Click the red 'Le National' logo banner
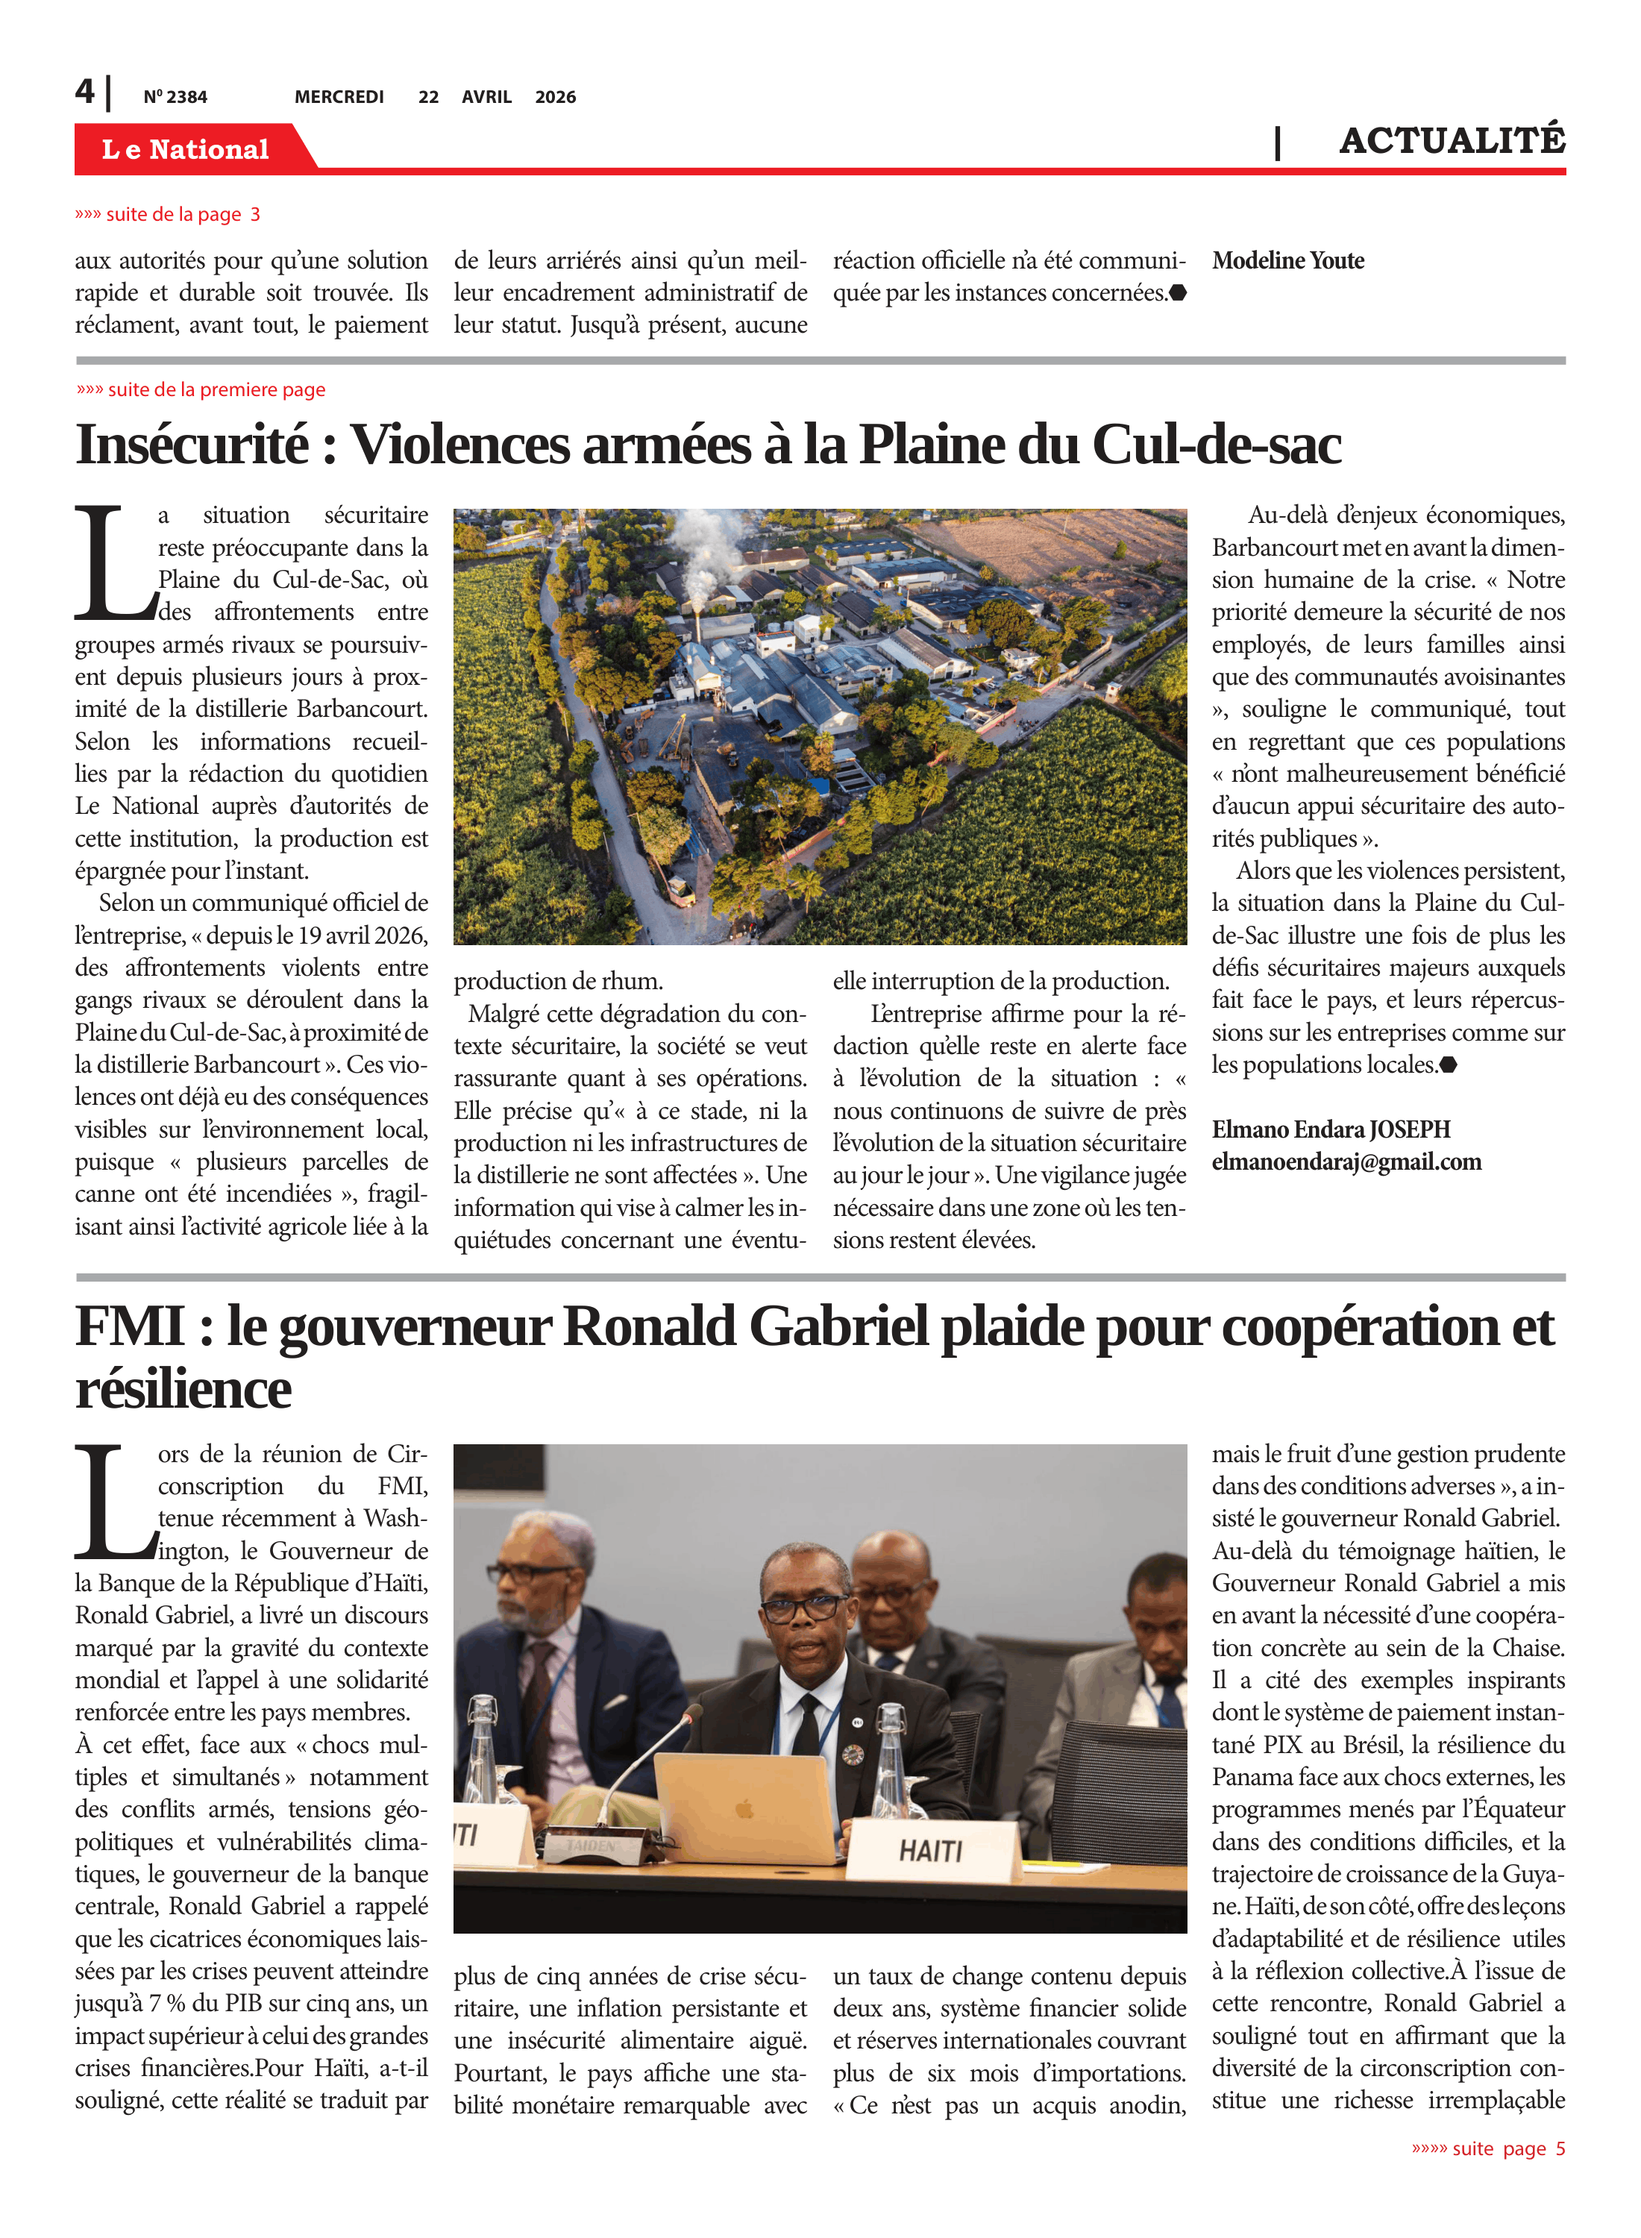pos(186,149)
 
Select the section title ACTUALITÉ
pos(1452,140)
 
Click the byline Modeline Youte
pos(1287,261)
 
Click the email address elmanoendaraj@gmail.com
pos(1346,1162)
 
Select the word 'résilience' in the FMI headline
pos(183,1389)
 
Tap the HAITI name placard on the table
pos(931,1851)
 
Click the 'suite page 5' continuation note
pos(1488,2148)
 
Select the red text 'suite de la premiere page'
pos(201,389)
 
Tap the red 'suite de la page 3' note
pos(168,215)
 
